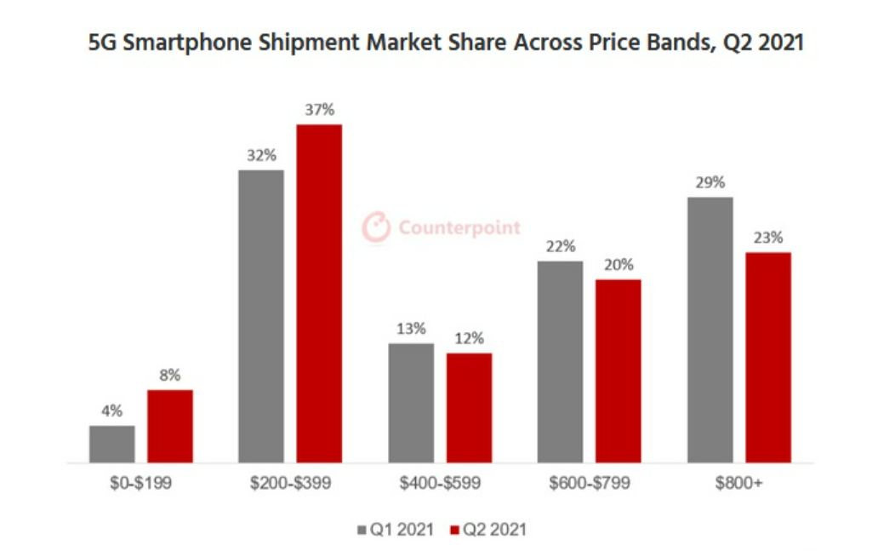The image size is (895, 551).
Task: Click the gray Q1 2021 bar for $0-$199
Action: pyautogui.click(x=111, y=444)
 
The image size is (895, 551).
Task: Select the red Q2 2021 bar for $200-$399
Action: pyautogui.click(x=319, y=294)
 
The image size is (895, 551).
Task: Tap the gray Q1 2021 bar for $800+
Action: pyautogui.click(x=710, y=330)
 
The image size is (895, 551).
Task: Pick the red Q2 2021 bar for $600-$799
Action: pyautogui.click(x=619, y=370)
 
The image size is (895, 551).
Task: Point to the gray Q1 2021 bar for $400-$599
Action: pyautogui.click(x=411, y=403)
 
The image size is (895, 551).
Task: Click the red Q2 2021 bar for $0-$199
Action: pyautogui.click(x=170, y=426)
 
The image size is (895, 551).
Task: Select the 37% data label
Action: pyautogui.click(x=319, y=110)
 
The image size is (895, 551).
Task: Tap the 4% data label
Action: pyautogui.click(x=111, y=411)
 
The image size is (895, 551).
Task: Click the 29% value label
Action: pyautogui.click(x=710, y=182)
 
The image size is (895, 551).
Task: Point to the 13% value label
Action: pyautogui.click(x=411, y=329)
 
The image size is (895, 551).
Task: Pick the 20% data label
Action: pyautogui.click(x=619, y=265)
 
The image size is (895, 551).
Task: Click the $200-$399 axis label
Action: pyautogui.click(x=290, y=484)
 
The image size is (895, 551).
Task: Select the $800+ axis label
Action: pyautogui.click(x=739, y=484)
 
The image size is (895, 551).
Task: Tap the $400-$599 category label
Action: pyautogui.click(x=440, y=484)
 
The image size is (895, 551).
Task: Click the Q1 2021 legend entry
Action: pyautogui.click(x=396, y=530)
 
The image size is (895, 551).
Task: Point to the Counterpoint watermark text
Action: pyautogui.click(x=459, y=228)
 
